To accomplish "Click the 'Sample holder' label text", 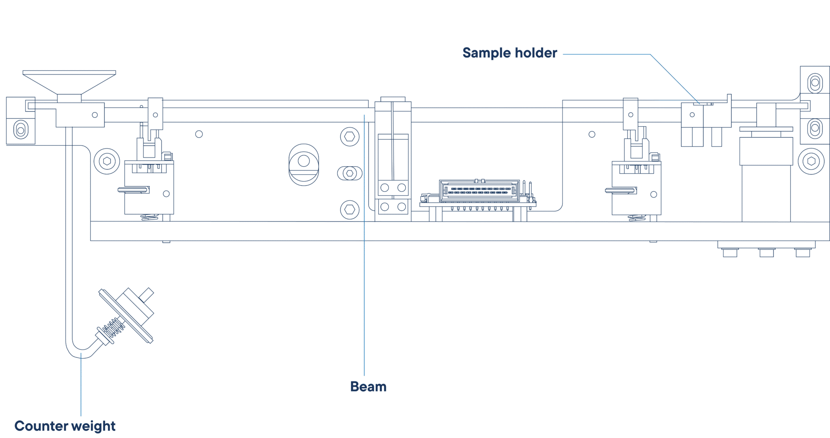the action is pyautogui.click(x=510, y=53).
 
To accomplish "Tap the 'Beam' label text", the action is pyautogui.click(x=368, y=387).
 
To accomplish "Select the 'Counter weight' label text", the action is pyautogui.click(x=65, y=426).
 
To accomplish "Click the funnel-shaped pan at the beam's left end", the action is pyautogui.click(x=69, y=83).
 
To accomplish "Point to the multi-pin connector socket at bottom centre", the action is pyautogui.click(x=479, y=191).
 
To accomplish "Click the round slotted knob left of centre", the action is pyautogui.click(x=304, y=165).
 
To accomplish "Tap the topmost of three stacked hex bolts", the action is pyautogui.click(x=350, y=137).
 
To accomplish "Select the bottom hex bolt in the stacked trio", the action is pyautogui.click(x=350, y=210).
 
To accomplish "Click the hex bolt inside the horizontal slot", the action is pyautogui.click(x=350, y=173).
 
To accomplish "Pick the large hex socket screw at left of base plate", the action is pyautogui.click(x=107, y=161).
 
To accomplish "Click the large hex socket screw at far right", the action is pyautogui.click(x=811, y=161).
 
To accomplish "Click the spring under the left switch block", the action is pyautogui.click(x=150, y=217).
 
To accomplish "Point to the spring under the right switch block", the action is pyautogui.click(x=637, y=218).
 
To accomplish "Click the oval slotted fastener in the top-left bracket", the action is pyautogui.click(x=21, y=130).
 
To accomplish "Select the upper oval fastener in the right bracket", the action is pyautogui.click(x=815, y=83).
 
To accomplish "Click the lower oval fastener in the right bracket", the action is pyautogui.click(x=815, y=128).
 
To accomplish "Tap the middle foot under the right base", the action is pyautogui.click(x=767, y=253).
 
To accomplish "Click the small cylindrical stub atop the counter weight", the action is pyautogui.click(x=146, y=295).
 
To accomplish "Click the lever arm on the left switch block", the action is pyautogui.click(x=133, y=189).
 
